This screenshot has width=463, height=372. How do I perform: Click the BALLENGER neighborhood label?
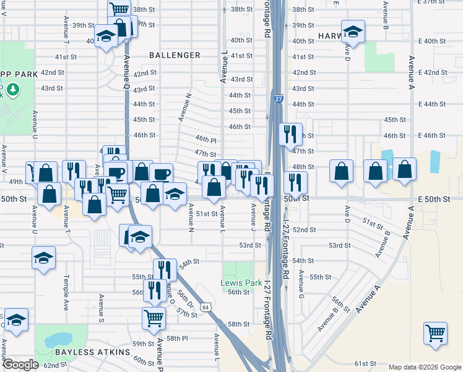(x=175, y=55)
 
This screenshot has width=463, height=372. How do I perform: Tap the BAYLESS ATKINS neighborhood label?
(x=92, y=352)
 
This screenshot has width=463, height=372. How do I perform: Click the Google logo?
(x=20, y=365)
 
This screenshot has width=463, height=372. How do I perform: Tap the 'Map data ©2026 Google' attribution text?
(x=424, y=367)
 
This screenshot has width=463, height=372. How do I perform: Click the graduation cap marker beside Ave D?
(x=353, y=32)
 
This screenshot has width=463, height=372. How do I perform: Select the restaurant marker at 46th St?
(x=290, y=133)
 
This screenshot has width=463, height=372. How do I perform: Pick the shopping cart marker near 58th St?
(x=154, y=319)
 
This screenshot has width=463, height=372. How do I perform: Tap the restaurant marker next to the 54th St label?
(x=165, y=270)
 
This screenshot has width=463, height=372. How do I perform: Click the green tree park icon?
(x=12, y=91)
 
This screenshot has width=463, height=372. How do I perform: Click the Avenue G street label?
(x=300, y=283)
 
